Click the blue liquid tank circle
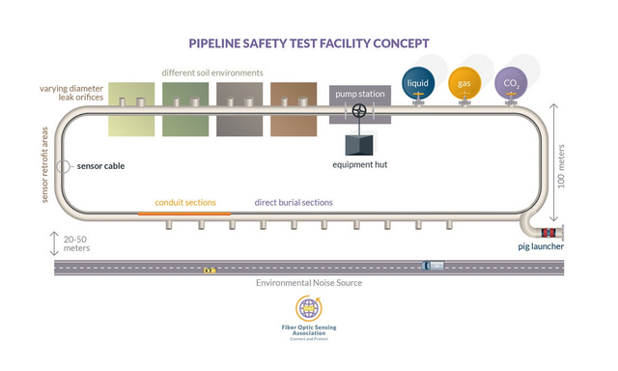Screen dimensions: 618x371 [417, 83]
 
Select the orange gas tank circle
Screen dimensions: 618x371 [463, 83]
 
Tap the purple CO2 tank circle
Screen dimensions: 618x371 [511, 83]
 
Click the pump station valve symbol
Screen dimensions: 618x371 [359, 111]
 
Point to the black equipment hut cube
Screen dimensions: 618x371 [359, 143]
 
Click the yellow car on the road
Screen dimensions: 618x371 [209, 271]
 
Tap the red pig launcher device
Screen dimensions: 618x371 [548, 233]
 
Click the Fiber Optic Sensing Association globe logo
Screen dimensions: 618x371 [309, 309]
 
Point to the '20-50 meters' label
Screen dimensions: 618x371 [77, 243]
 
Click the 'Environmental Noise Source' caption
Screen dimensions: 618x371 [309, 283]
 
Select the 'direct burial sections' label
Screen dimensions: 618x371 [294, 203]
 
